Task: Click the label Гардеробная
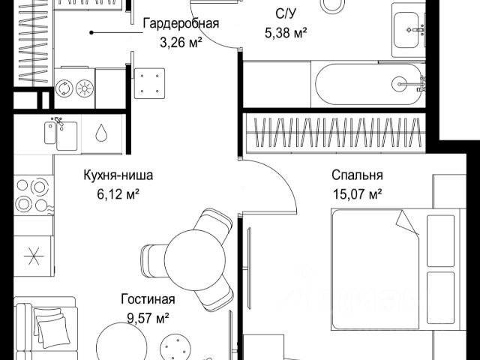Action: point(181,22)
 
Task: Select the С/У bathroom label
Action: point(286,13)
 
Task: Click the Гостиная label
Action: point(148,299)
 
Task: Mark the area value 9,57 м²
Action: point(148,317)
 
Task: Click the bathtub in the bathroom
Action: point(367,84)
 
